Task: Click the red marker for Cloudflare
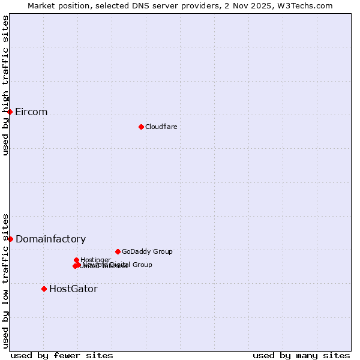click(x=141, y=127)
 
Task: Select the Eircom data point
click(x=10, y=112)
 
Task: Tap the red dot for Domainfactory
click(x=10, y=239)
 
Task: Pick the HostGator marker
click(x=44, y=289)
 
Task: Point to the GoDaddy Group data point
click(x=118, y=251)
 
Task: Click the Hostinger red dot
click(x=76, y=260)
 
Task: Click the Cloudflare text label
click(x=161, y=127)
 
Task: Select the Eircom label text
click(x=31, y=112)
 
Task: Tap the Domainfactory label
click(x=50, y=239)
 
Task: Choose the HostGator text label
click(x=73, y=289)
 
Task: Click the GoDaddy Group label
click(x=146, y=251)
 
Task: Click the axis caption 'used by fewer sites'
click(x=62, y=355)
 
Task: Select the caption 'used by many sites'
click(x=301, y=355)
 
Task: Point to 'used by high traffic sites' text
click(x=6, y=85)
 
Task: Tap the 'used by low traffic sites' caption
click(x=6, y=280)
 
